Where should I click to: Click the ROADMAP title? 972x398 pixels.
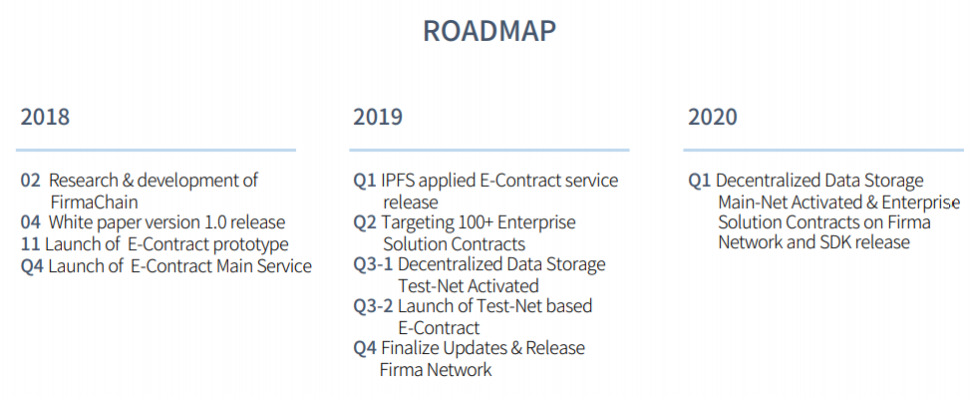click(489, 31)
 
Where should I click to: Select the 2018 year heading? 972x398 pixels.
click(45, 117)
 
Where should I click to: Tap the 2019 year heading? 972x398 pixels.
click(378, 117)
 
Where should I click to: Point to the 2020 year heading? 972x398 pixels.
click(712, 117)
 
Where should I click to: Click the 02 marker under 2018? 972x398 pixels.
click(30, 181)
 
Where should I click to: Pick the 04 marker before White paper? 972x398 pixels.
click(30, 221)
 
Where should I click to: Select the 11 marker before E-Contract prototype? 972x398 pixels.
click(30, 243)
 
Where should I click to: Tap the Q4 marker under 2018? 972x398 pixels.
click(32, 266)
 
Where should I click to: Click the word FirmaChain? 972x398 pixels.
click(94, 202)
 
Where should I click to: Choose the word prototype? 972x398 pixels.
click(250, 244)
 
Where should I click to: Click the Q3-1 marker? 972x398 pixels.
click(373, 264)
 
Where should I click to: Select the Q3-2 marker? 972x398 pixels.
click(373, 306)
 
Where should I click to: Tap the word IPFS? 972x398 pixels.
click(398, 181)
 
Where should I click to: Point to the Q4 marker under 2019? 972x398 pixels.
click(365, 348)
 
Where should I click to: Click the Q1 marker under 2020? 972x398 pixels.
click(699, 181)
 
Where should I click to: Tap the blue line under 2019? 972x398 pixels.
click(489, 150)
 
